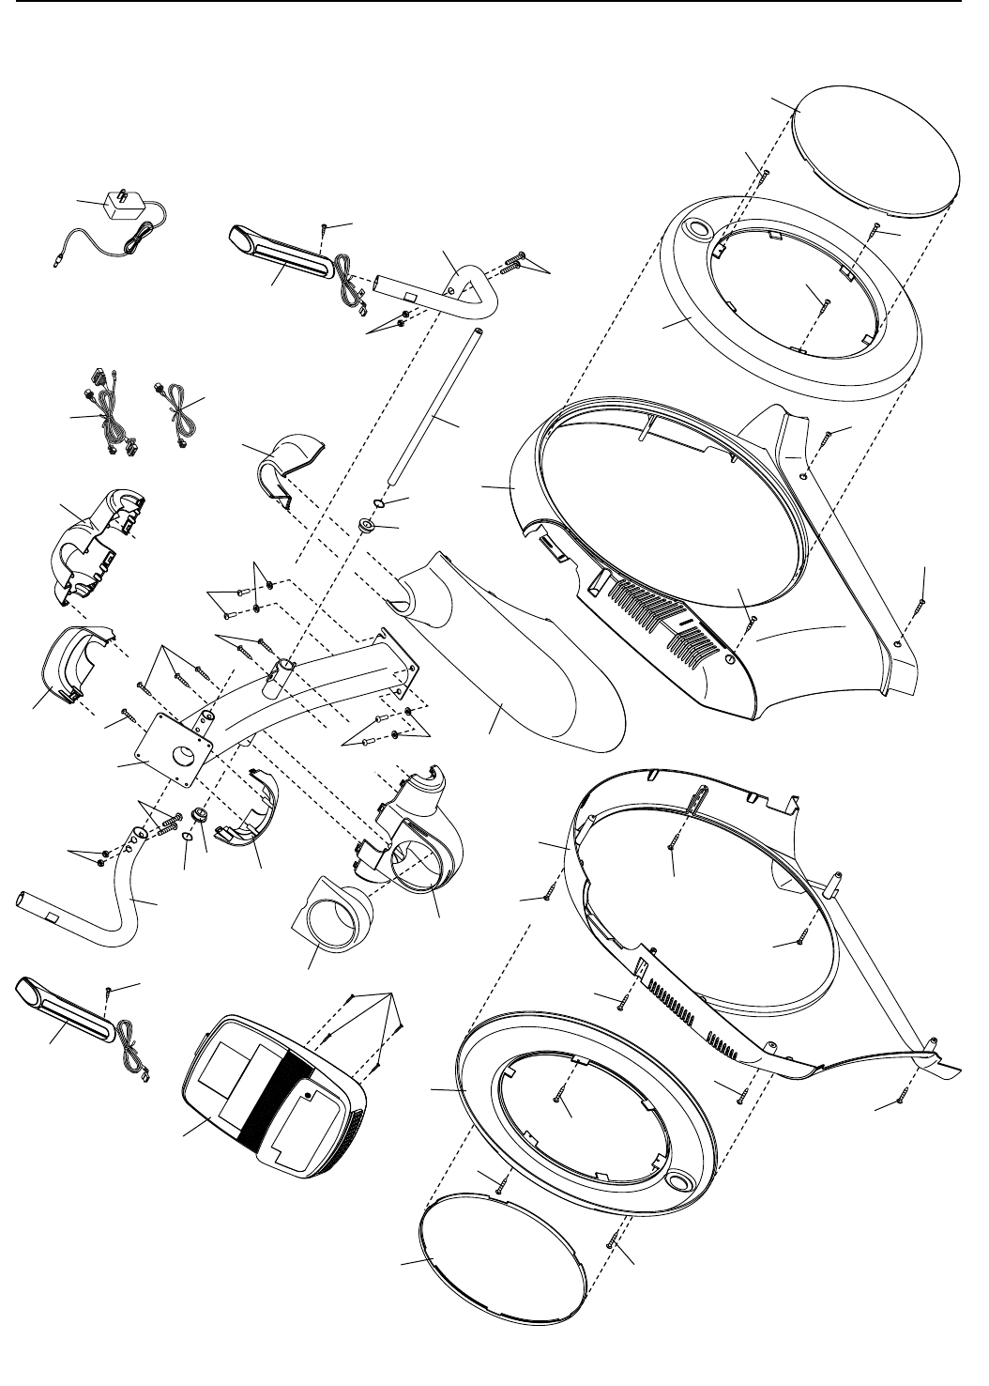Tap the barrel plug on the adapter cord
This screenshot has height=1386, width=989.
(56, 261)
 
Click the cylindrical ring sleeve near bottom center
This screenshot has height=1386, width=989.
(333, 911)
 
